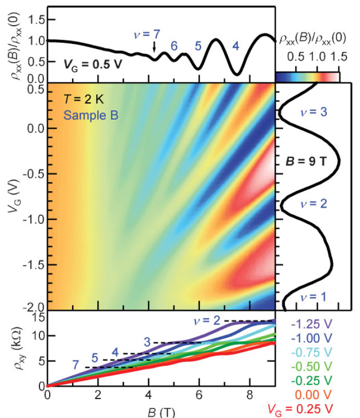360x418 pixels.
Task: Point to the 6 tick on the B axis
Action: [198, 395]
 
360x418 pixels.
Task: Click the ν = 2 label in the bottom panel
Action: [207, 321]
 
